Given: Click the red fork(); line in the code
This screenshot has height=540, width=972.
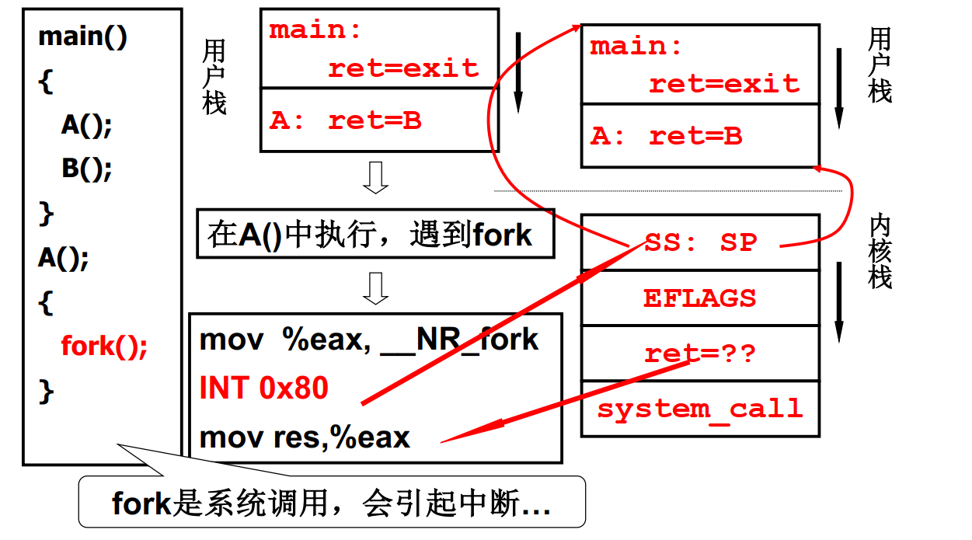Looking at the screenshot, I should (x=104, y=346).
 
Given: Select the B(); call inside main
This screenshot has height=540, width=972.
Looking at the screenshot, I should (x=87, y=169).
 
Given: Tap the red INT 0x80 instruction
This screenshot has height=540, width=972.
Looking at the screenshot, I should (x=264, y=388).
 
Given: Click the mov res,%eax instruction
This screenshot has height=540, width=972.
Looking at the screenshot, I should (x=305, y=437).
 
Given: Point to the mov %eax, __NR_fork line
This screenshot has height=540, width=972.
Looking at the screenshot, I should (x=369, y=340).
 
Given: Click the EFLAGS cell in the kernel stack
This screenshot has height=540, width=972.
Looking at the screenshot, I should (x=699, y=298).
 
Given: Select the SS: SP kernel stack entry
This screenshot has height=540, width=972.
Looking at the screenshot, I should (x=699, y=242).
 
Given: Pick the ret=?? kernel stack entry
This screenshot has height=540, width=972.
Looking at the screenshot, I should (x=699, y=354).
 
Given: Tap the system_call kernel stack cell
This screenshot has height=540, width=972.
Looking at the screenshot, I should (x=699, y=409).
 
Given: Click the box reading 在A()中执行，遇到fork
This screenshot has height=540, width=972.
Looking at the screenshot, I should (x=375, y=234).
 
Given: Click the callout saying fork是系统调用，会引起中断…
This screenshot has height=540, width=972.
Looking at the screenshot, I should (x=332, y=503).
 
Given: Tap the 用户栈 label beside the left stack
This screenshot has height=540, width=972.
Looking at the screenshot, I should (x=214, y=77).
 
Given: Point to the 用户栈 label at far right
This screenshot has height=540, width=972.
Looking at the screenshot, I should (x=880, y=65).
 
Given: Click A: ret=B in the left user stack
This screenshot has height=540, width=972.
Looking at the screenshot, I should (x=346, y=120).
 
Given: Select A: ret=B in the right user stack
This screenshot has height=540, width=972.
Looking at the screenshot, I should (x=666, y=137).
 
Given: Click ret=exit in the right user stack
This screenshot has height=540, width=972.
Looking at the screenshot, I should (x=723, y=84).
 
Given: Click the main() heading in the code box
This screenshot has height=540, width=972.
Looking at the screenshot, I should (x=82, y=37).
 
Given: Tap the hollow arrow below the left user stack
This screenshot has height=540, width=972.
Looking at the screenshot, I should (x=376, y=178).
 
